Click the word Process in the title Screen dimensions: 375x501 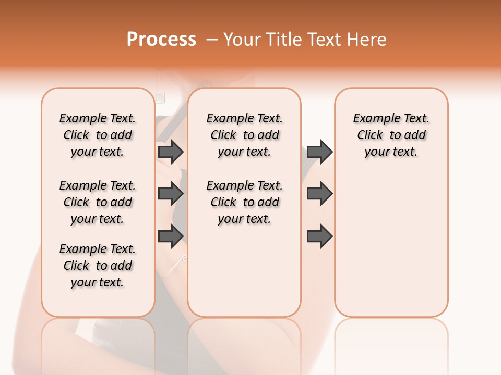[x=161, y=40]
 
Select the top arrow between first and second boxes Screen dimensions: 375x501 [x=171, y=152]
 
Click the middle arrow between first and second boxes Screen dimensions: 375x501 [x=171, y=194]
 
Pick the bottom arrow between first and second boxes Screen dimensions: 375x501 [x=171, y=236]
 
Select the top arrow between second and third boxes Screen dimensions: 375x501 [x=319, y=152]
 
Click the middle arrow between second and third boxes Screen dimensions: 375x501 [x=319, y=194]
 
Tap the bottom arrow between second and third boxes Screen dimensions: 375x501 [x=319, y=236]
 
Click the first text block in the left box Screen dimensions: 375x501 [x=98, y=135]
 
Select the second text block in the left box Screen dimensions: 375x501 [x=98, y=202]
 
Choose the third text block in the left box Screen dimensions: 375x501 [x=98, y=266]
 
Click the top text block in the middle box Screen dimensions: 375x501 [x=244, y=135]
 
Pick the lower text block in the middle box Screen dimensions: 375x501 [x=244, y=202]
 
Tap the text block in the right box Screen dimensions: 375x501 [x=391, y=135]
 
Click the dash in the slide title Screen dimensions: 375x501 [x=211, y=40]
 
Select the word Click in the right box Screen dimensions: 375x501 [x=370, y=135]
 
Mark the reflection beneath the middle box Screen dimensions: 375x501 [x=244, y=339]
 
